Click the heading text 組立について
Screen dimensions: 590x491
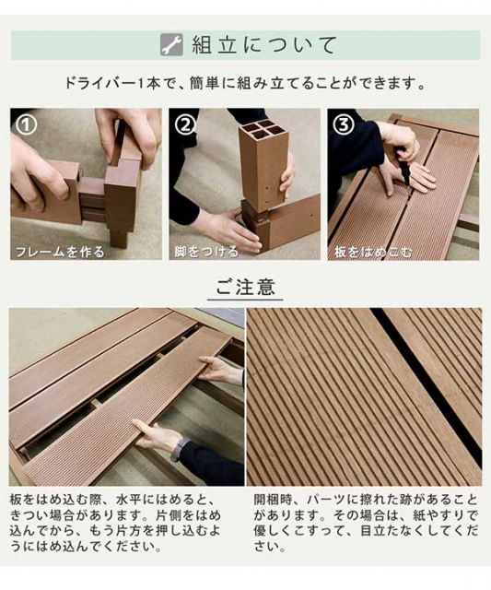(263, 44)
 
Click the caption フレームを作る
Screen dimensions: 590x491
(59, 251)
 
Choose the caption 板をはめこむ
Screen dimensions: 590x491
(371, 251)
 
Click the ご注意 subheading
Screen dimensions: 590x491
(244, 287)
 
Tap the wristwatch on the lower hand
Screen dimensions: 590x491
(179, 449)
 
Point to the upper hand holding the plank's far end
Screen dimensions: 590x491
(221, 371)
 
